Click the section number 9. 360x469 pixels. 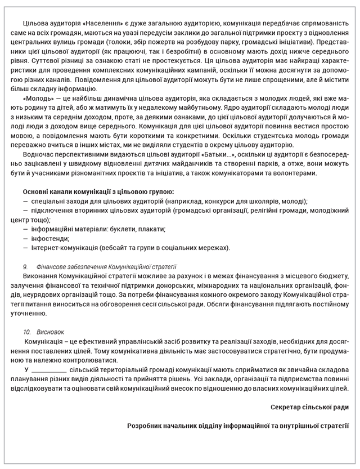(x=25, y=266)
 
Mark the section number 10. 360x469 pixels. (x=27, y=332)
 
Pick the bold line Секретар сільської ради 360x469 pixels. (x=309, y=407)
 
